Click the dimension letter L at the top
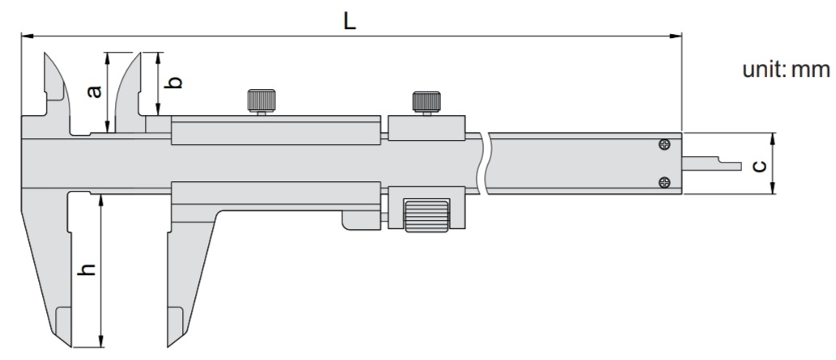(x=349, y=21)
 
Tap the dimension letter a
(x=95, y=91)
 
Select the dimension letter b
(x=174, y=83)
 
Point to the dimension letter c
(x=758, y=166)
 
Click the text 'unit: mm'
(x=787, y=70)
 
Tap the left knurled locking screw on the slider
(x=261, y=100)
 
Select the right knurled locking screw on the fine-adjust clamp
(x=426, y=102)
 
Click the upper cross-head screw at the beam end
(x=664, y=144)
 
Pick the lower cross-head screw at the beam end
(x=664, y=182)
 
